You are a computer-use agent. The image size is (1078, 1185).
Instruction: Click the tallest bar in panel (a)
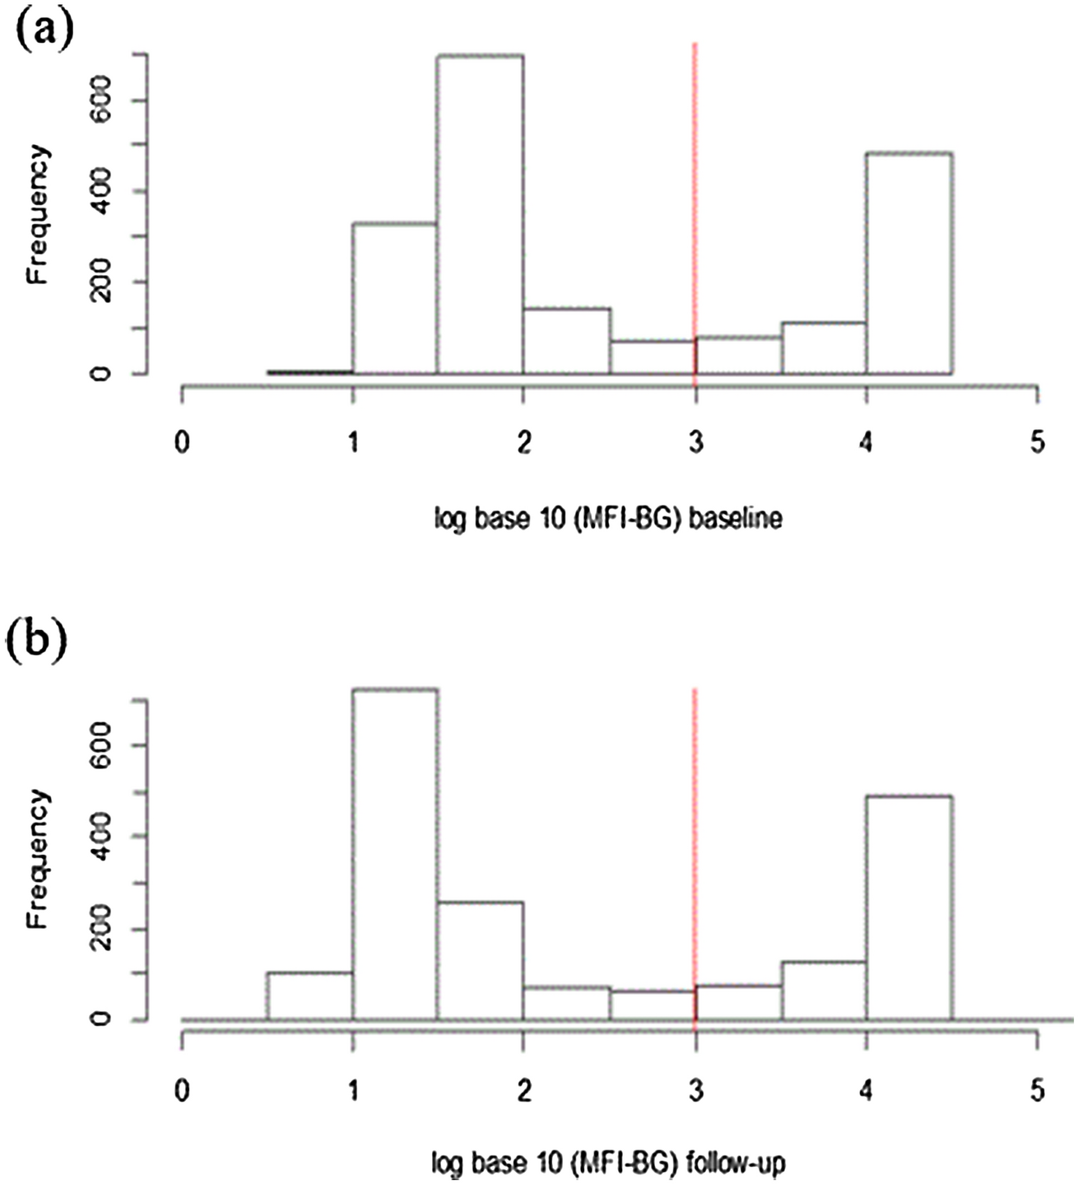(480, 214)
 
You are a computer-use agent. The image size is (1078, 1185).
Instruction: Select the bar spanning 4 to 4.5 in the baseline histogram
(909, 264)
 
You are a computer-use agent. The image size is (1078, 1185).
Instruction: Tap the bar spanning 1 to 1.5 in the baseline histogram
(394, 298)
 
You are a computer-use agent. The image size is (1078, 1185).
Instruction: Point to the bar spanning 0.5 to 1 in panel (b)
(309, 996)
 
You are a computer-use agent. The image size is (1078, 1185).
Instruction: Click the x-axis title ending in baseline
(608, 519)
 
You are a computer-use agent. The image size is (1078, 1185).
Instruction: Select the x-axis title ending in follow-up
(608, 1164)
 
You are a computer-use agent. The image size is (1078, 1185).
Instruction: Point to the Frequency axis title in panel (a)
(37, 214)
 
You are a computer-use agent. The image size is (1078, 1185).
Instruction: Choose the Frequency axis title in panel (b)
(37, 858)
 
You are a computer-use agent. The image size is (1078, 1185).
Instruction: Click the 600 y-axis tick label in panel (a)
(102, 100)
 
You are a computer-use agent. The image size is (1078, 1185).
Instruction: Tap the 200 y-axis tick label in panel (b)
(102, 929)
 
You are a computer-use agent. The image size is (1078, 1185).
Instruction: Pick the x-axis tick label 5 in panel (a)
(1037, 443)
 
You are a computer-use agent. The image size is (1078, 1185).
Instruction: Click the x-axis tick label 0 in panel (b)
(182, 1090)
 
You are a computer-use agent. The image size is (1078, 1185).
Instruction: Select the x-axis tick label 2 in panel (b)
(523, 1090)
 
